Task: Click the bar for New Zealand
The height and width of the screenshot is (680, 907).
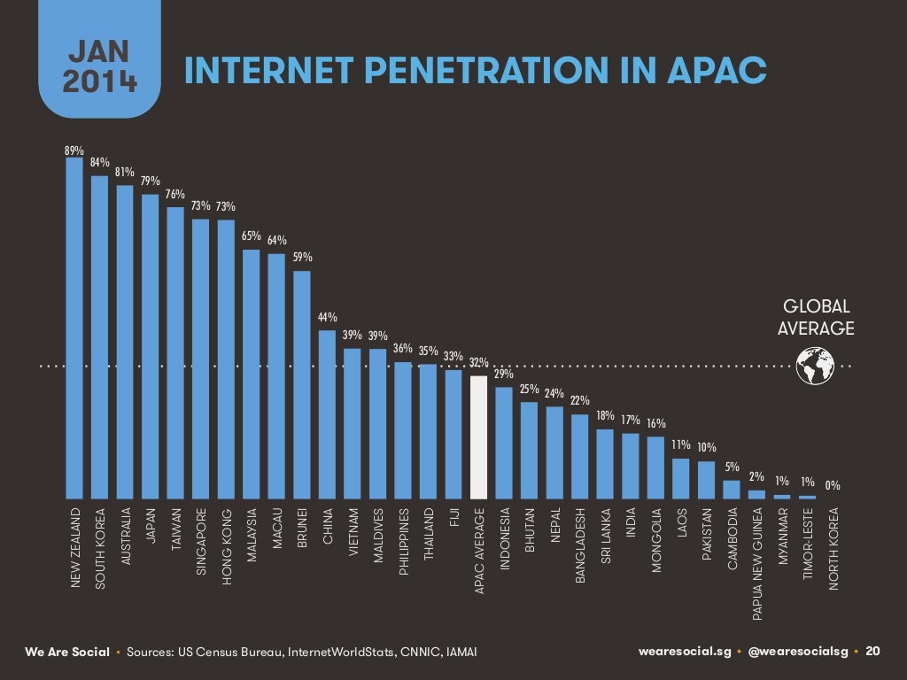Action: tap(74, 328)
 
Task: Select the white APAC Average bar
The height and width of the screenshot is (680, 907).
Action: tap(479, 437)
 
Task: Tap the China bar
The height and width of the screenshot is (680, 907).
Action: tap(327, 414)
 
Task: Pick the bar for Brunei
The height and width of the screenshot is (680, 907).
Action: tap(302, 384)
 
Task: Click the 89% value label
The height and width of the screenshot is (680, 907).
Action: tap(74, 151)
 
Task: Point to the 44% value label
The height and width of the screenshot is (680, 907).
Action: tap(327, 318)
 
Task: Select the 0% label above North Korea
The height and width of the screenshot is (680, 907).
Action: tap(833, 485)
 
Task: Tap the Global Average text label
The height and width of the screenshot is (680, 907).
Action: tap(815, 318)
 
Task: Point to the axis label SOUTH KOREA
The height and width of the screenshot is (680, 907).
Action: tap(100, 549)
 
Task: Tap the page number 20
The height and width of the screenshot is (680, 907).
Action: tap(873, 652)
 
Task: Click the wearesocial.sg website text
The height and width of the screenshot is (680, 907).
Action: tap(685, 652)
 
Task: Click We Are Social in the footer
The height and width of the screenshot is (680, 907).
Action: tap(66, 653)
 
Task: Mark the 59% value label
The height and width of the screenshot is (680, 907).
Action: tap(302, 258)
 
